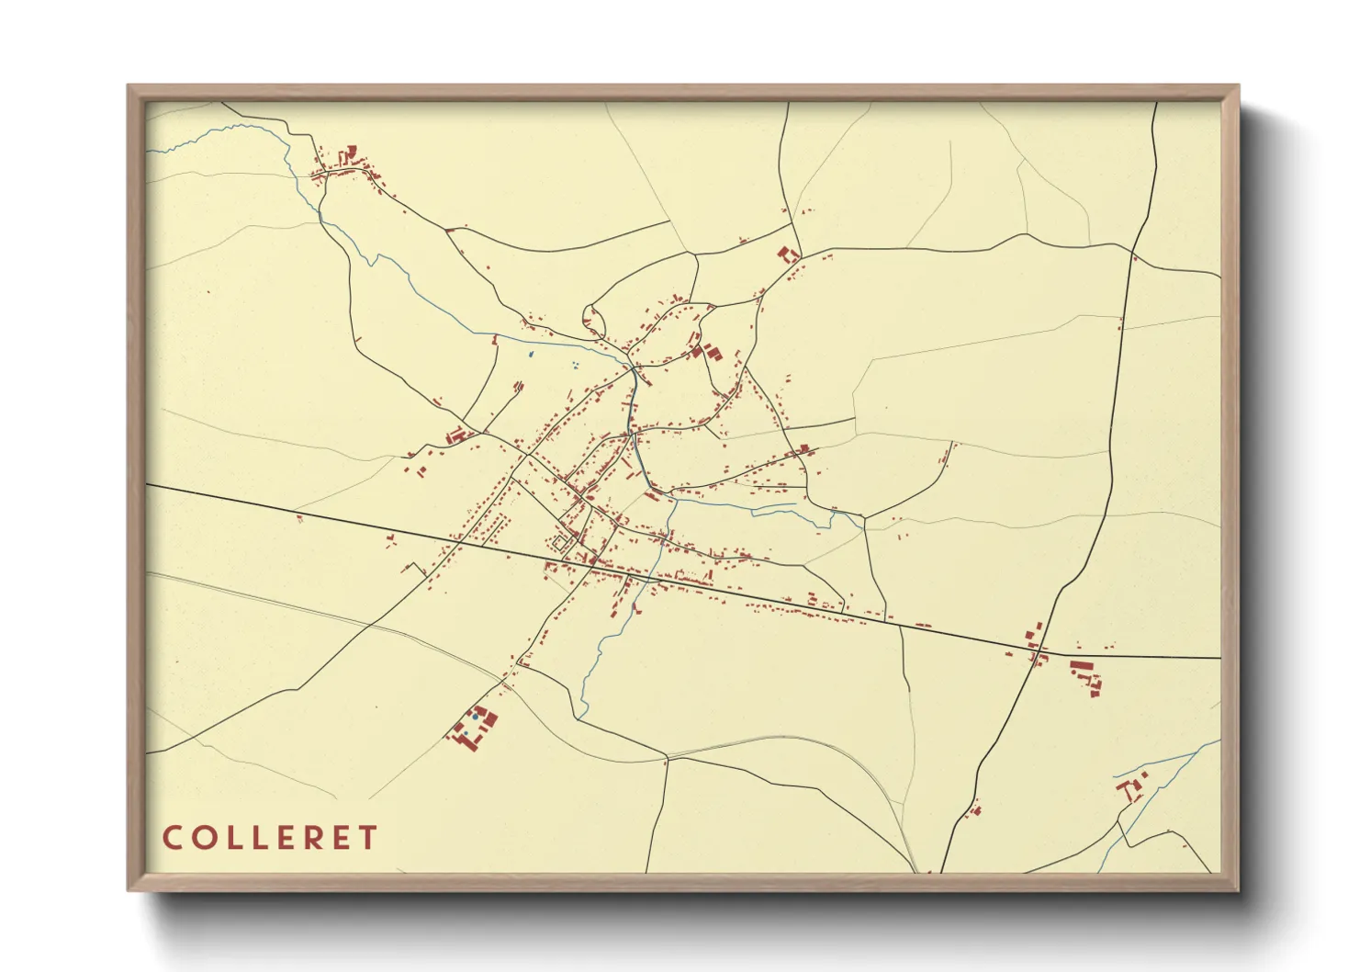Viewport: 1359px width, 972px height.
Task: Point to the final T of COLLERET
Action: pyautogui.click(x=367, y=838)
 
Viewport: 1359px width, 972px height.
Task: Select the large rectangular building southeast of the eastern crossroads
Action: pyautogui.click(x=1078, y=665)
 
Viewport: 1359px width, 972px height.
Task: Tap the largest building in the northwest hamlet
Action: pyautogui.click(x=349, y=153)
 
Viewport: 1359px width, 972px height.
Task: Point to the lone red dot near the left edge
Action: pyautogui.click(x=209, y=292)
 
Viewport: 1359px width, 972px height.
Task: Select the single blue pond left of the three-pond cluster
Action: pyautogui.click(x=531, y=354)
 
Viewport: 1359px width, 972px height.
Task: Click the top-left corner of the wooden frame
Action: pyautogui.click(x=129, y=85)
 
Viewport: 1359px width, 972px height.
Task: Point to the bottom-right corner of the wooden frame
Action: pyautogui.click(x=1238, y=889)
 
